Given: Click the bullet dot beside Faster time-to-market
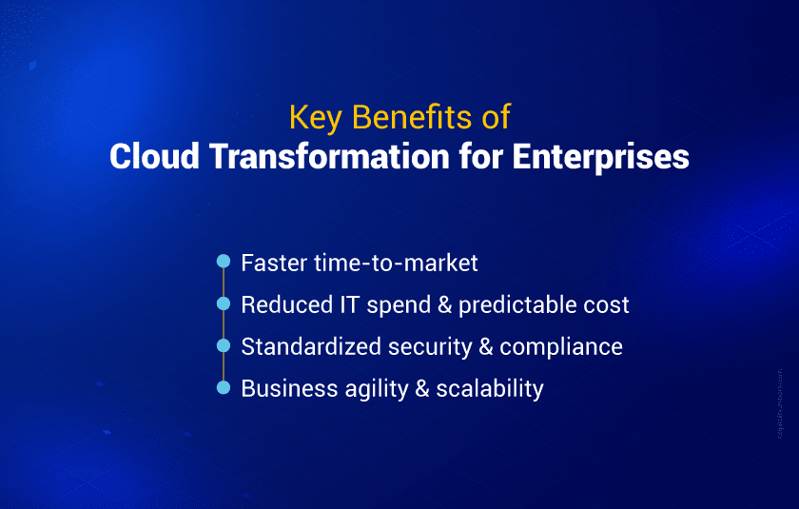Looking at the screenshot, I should click(x=224, y=262).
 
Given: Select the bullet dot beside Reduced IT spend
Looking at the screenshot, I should click(x=224, y=303).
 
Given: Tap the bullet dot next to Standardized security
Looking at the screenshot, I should click(x=224, y=345).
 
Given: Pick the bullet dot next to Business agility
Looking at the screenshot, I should click(x=224, y=387).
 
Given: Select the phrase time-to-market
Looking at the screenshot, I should click(x=397, y=263).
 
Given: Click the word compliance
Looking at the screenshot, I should click(x=561, y=347).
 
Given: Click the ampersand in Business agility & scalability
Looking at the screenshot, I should click(x=419, y=388).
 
